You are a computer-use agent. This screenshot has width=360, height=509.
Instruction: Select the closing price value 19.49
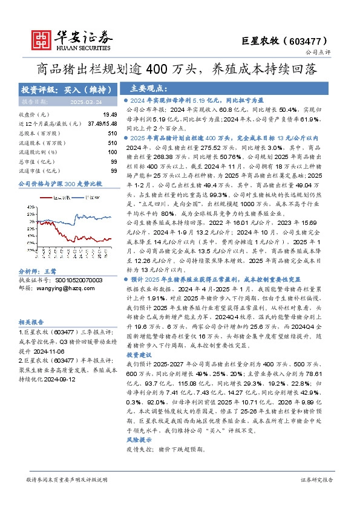(110, 114)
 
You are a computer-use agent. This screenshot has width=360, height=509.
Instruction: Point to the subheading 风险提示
(140, 441)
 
